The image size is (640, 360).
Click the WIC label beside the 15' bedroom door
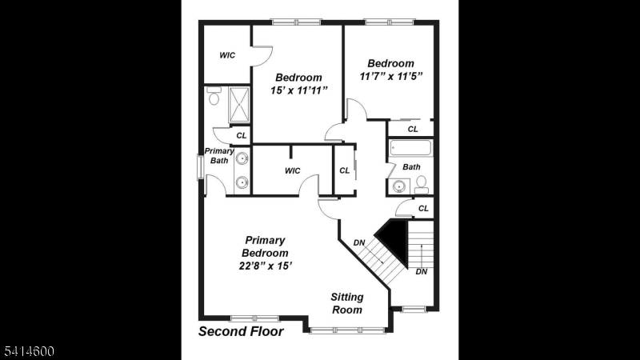click(x=227, y=55)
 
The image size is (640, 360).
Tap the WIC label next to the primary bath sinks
click(x=292, y=170)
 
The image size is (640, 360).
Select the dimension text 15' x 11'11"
click(x=298, y=91)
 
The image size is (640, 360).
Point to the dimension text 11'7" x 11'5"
click(x=390, y=77)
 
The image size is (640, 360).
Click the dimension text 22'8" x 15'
click(x=265, y=266)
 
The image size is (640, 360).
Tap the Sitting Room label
click(x=346, y=303)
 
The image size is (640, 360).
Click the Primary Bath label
click(x=218, y=156)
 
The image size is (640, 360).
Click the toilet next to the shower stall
click(x=214, y=98)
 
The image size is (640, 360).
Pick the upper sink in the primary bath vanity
click(x=242, y=158)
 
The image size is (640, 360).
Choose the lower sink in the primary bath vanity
click(x=242, y=182)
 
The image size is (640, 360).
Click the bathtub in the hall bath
click(x=410, y=149)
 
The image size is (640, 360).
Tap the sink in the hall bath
click(x=398, y=186)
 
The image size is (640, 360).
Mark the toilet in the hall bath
click(x=421, y=186)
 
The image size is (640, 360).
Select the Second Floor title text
click(x=241, y=331)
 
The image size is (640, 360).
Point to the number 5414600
click(x=27, y=351)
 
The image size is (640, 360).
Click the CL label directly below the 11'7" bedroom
click(x=413, y=129)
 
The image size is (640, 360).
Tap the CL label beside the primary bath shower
click(x=241, y=135)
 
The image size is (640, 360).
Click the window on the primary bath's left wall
click(x=201, y=166)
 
